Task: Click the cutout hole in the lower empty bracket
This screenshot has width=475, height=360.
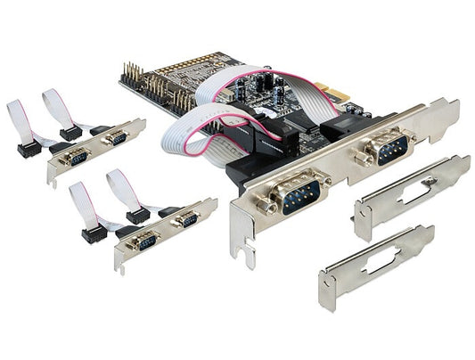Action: pyautogui.click(x=379, y=262)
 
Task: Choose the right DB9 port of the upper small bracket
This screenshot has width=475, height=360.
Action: pyautogui.click(x=116, y=138)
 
